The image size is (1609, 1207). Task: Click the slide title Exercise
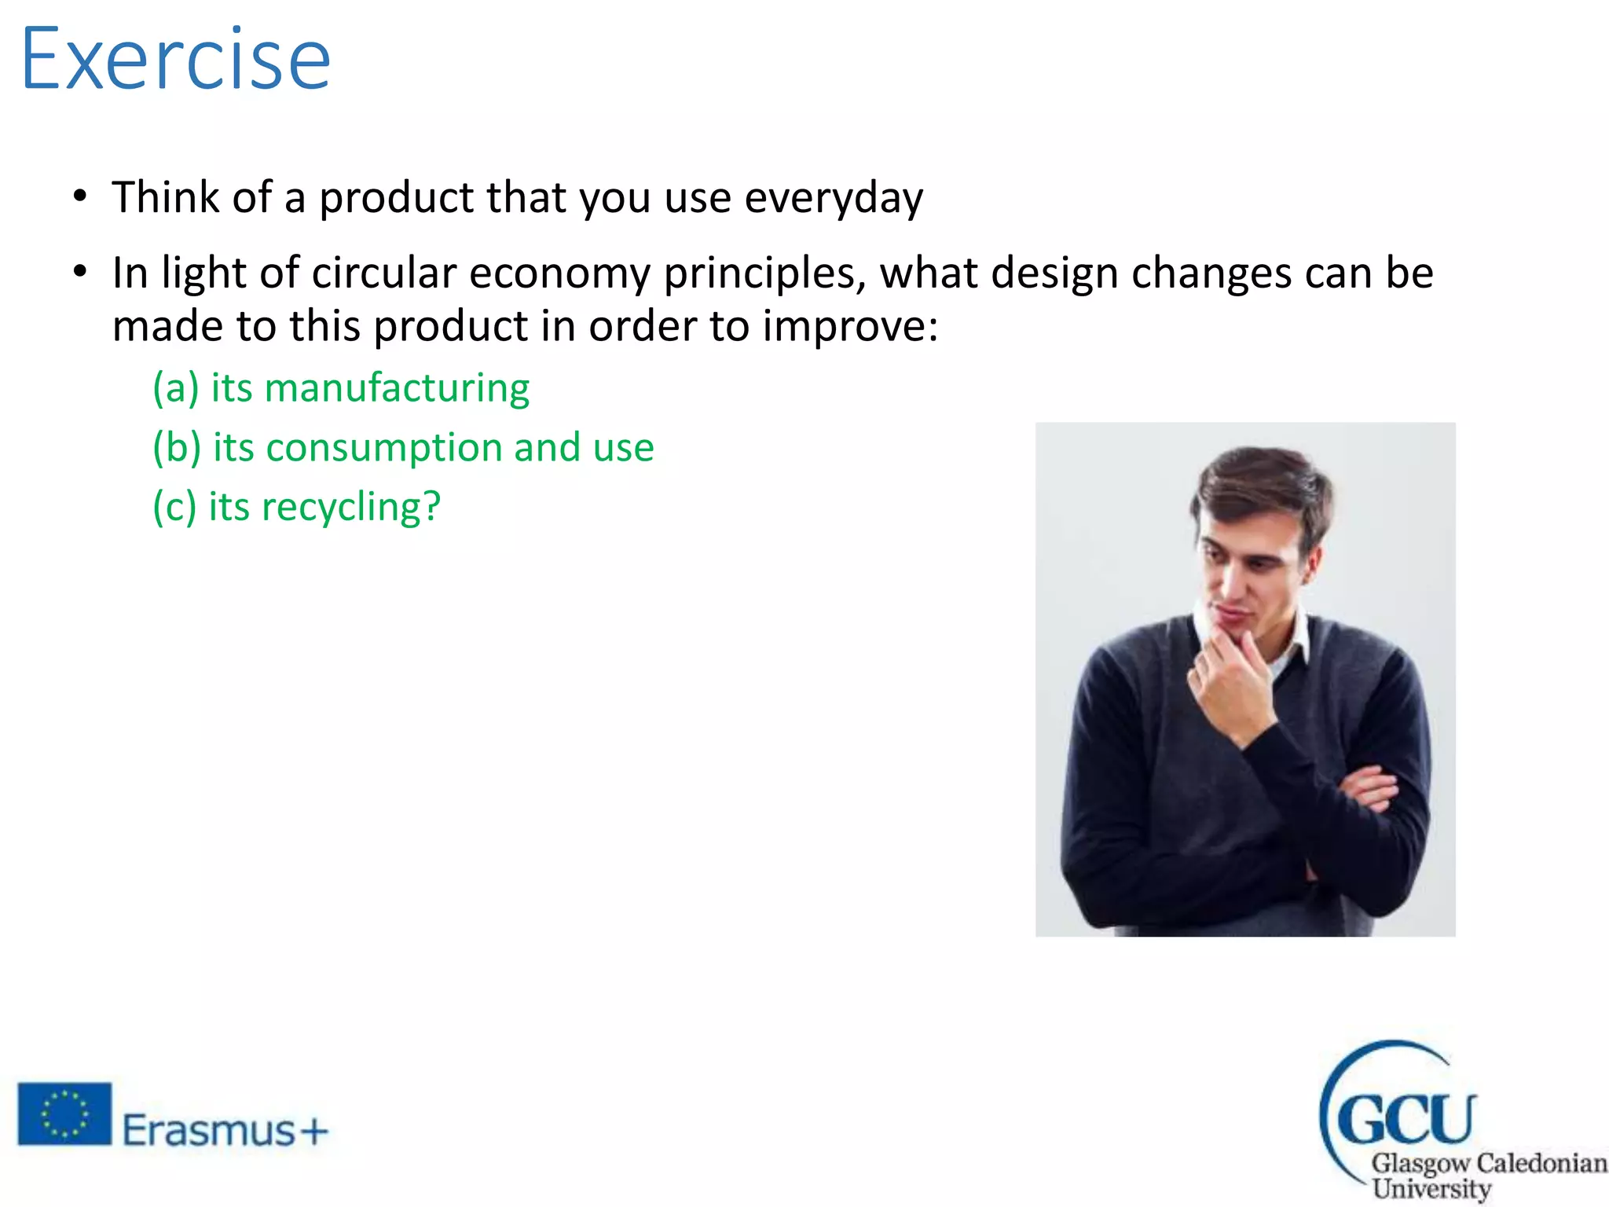point(176,59)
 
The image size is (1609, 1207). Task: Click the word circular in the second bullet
point(384,273)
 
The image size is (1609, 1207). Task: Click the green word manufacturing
point(397,387)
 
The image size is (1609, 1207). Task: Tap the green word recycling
point(350,506)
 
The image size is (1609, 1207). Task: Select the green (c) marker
point(174,506)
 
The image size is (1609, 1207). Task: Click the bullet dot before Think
point(79,196)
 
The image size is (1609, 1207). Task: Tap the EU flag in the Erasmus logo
point(64,1113)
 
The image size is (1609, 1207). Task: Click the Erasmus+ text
point(225,1131)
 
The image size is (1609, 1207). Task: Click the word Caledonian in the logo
point(1541,1162)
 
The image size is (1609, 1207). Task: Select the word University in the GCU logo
point(1431,1188)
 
